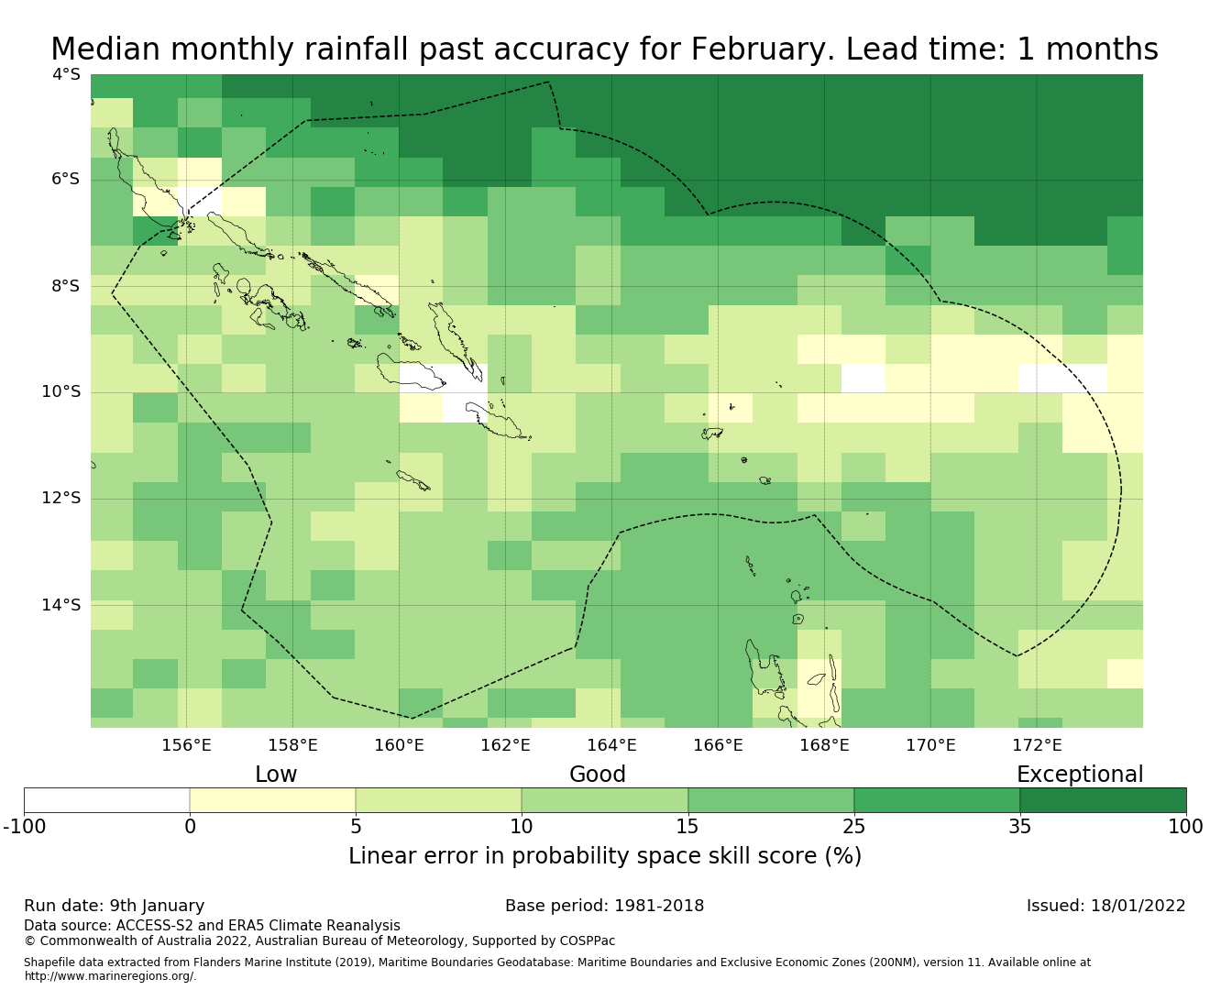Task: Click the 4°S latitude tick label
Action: coord(66,74)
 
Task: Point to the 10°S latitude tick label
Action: coord(61,392)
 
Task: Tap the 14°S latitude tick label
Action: coord(61,605)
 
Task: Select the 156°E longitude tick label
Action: coord(186,745)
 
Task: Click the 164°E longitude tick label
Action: coord(611,745)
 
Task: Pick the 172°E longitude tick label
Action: coord(1037,745)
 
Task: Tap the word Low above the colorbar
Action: coord(276,775)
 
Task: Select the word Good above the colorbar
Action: coord(598,775)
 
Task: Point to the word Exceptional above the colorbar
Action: coord(1080,775)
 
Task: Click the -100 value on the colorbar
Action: coord(25,827)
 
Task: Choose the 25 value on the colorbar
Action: coord(853,827)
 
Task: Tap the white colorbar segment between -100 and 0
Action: coord(106,800)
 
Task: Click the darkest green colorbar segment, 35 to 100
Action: coord(1103,800)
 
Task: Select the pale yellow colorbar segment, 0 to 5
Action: coord(272,800)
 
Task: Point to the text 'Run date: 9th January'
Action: coord(115,906)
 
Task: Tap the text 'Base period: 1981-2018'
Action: coord(605,906)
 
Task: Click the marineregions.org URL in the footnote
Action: coord(110,976)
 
